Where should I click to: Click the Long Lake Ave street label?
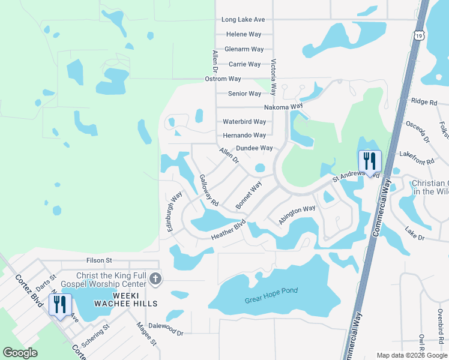(x=244, y=20)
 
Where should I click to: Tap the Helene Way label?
(x=244, y=35)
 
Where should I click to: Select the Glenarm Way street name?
(x=244, y=49)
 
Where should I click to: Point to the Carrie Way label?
(x=244, y=64)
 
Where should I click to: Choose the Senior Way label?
(x=245, y=94)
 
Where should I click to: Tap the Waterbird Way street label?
(x=244, y=121)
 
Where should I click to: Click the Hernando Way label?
(x=244, y=136)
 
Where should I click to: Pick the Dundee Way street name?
(x=254, y=148)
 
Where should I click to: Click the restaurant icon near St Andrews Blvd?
(x=370, y=161)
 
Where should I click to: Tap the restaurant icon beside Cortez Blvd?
(x=60, y=304)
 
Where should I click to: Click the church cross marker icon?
(x=155, y=278)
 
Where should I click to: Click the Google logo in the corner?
(x=20, y=353)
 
